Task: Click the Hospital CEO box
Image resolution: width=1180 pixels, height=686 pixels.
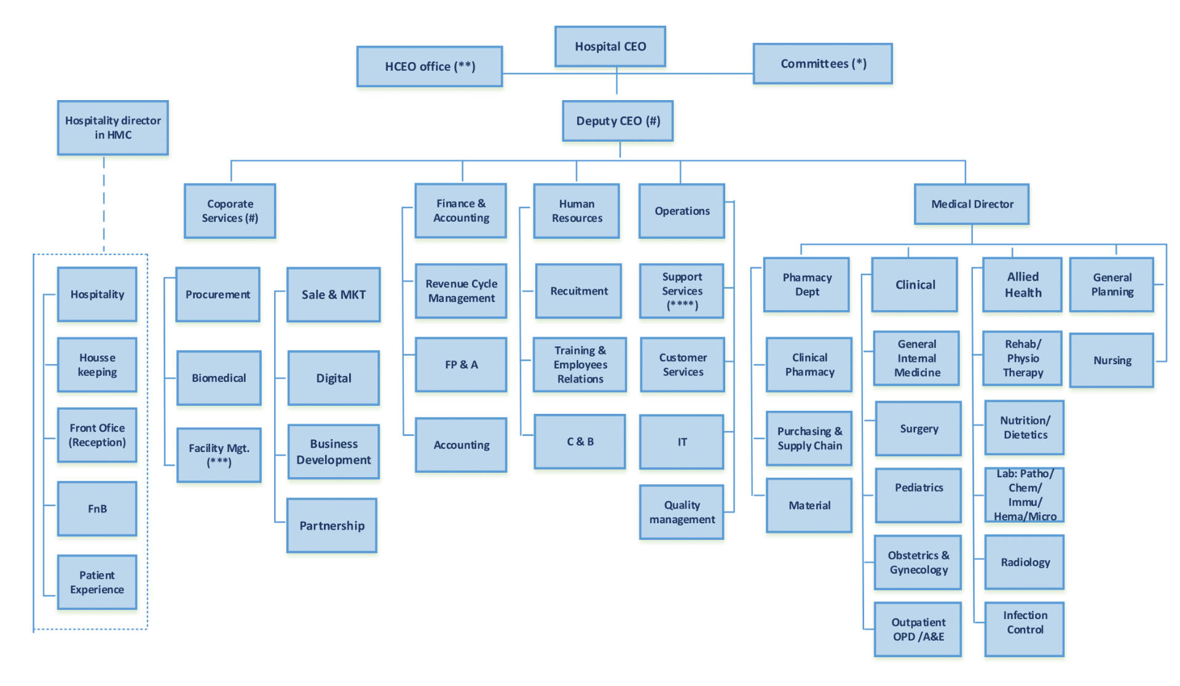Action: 610,46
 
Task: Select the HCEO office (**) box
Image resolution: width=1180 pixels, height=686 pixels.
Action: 430,66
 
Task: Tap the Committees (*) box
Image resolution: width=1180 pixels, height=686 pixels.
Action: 822,63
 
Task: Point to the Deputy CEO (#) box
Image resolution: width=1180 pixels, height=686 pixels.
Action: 618,121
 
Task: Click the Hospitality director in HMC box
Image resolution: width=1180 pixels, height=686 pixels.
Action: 113,128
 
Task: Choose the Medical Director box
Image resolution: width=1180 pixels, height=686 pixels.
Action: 972,204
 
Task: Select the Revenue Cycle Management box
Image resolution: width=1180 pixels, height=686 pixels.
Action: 461,291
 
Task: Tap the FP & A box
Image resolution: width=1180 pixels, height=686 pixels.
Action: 461,365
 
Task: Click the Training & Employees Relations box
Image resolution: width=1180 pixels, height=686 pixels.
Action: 580,365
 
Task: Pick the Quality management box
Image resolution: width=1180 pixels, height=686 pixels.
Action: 682,512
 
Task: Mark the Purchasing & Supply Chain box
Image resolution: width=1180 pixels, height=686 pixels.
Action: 809,438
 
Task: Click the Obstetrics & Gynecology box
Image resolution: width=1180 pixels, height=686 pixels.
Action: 918,563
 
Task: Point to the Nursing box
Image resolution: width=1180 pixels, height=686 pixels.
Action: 1112,361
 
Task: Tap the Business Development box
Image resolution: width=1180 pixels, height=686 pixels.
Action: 333,452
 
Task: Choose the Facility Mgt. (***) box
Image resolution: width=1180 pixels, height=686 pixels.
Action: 219,455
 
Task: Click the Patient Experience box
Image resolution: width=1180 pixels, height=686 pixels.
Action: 97,582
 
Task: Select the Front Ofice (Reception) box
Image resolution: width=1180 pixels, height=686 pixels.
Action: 97,435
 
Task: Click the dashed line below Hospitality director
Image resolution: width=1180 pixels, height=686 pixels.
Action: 104,203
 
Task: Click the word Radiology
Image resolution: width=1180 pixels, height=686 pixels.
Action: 1025,563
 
